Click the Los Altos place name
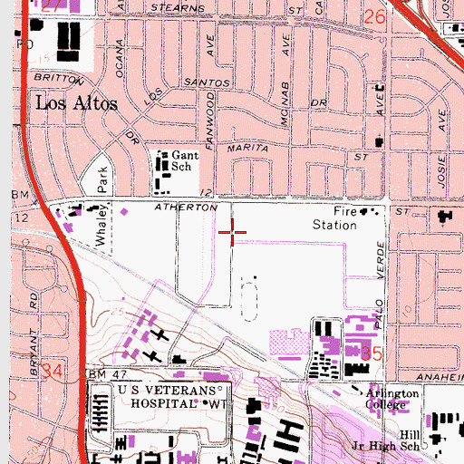click(x=76, y=103)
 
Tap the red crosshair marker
click(x=233, y=232)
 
